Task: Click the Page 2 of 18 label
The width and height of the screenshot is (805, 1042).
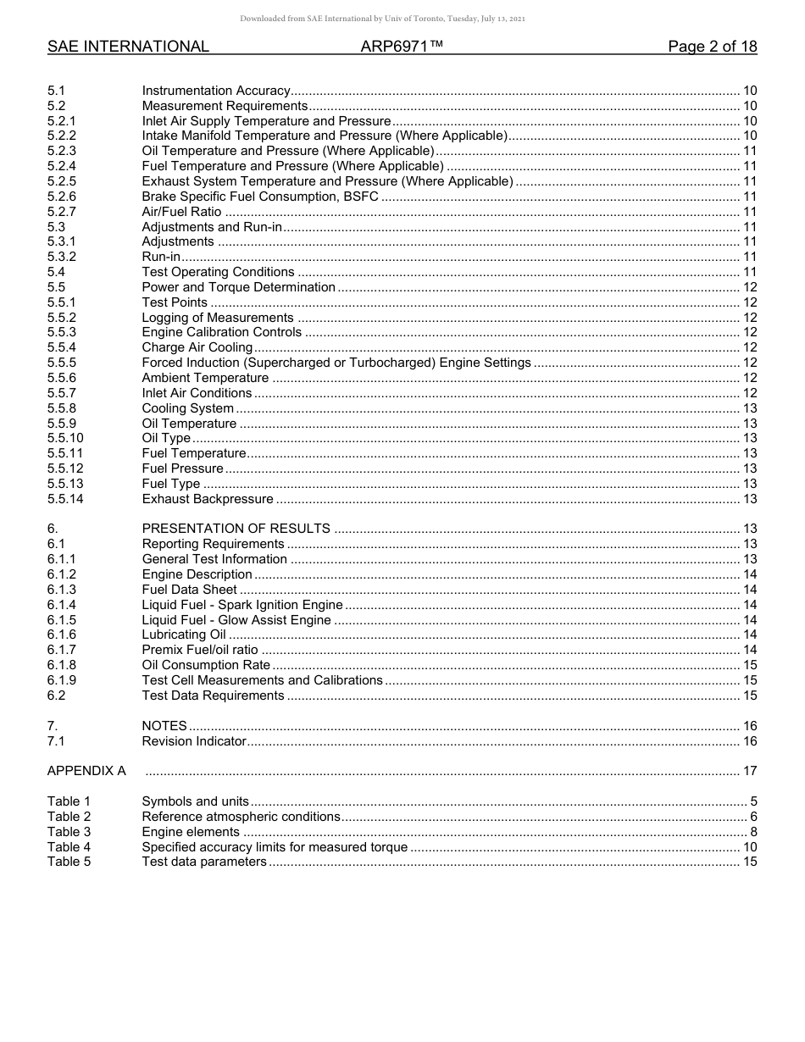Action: pos(712,47)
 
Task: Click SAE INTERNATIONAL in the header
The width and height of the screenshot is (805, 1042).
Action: pos(128,47)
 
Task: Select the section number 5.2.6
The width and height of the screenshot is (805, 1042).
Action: pos(62,197)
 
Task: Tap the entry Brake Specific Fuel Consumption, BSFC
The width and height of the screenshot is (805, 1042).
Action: pos(260,197)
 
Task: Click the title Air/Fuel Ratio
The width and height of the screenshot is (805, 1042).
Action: pos(181,212)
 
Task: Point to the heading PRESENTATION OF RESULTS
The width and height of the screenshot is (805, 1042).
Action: pos(236,529)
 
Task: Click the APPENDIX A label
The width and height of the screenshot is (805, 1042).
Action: pos(86,771)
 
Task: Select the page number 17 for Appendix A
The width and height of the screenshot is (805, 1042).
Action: pos(749,771)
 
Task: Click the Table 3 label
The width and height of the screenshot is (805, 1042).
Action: pos(69,832)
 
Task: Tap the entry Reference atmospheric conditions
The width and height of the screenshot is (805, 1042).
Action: pos(241,817)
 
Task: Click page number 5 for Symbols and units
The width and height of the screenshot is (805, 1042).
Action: pos(753,801)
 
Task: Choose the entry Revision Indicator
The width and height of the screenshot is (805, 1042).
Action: pos(194,741)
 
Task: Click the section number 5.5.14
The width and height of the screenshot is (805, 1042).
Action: pos(65,499)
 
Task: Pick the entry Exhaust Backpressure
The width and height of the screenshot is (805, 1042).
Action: pos(208,499)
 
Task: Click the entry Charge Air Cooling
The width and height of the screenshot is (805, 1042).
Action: pos(197,347)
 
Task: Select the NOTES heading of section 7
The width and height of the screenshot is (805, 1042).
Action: pos(164,726)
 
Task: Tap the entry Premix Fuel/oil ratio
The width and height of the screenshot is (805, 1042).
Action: pos(200,650)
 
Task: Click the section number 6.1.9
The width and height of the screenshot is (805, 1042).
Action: pos(62,680)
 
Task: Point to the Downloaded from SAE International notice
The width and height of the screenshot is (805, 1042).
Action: pos(383,19)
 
